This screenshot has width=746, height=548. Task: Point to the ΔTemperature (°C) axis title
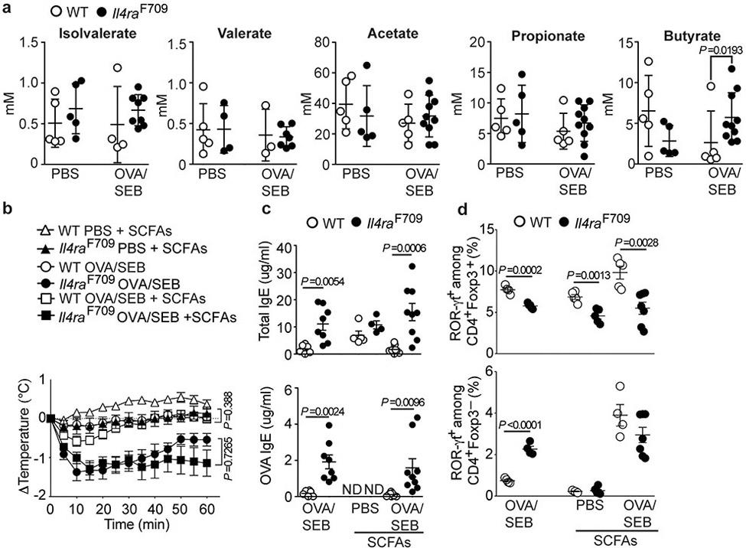pyautogui.click(x=14, y=437)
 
